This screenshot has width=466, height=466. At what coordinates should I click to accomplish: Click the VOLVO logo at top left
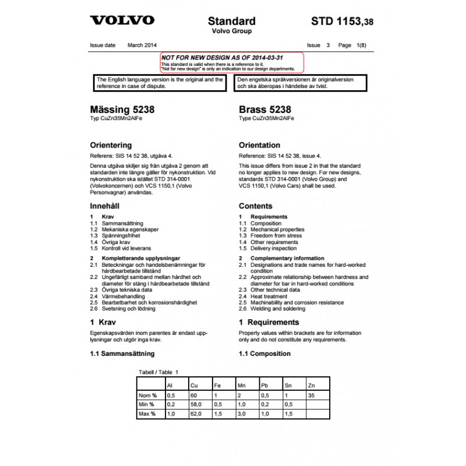pos(122,20)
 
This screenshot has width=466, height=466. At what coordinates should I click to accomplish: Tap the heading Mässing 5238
pos(122,110)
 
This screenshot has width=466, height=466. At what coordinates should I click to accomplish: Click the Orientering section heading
pos(111,145)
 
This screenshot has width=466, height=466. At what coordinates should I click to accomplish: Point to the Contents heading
pos(256,206)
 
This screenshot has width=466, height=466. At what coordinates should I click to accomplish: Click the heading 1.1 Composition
pos(264,354)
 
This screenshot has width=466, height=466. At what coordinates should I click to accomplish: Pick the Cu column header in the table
pos(194,386)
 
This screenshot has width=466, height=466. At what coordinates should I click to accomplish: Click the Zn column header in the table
pos(311,386)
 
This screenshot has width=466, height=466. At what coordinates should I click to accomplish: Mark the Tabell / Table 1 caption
pos(158,372)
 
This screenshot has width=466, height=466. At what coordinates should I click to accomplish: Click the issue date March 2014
pos(142,45)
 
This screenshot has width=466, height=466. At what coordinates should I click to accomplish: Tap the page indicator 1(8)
pos(361,45)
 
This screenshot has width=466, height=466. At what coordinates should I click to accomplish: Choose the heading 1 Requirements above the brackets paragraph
pos(269,322)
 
